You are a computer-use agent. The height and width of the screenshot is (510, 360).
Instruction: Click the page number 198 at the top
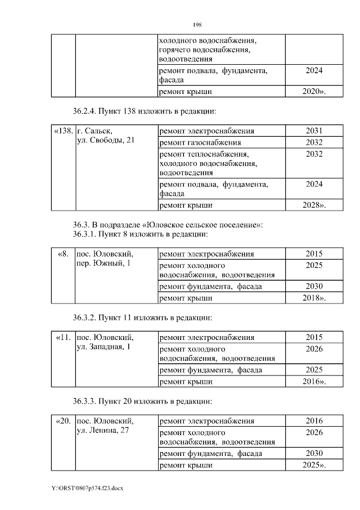197,25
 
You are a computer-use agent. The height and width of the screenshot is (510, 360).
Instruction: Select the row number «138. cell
63,131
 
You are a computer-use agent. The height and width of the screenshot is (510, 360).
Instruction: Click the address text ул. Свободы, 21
105,140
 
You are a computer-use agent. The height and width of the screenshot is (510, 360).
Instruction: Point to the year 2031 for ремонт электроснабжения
314,131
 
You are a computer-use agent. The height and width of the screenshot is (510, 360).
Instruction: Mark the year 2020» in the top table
314,92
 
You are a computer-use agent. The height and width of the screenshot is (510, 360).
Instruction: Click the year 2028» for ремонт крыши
314,205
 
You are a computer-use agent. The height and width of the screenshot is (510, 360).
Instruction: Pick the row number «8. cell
64,254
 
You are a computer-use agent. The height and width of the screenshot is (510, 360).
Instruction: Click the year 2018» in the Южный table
314,297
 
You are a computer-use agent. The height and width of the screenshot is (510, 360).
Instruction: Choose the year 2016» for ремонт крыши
314,381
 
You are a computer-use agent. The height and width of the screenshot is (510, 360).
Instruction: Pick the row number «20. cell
63,421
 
